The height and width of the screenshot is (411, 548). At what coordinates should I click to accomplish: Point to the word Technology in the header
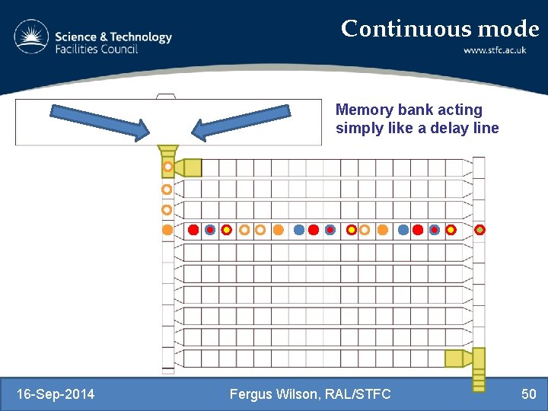click(141, 37)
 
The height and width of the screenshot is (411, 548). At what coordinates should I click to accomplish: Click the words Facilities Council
click(95, 49)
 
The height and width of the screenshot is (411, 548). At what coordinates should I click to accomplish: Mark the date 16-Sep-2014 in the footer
click(56, 393)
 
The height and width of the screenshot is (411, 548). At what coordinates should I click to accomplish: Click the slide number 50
click(528, 393)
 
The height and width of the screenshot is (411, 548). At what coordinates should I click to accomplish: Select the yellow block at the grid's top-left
click(193, 167)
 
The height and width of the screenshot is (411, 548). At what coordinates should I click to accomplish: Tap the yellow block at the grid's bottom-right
click(455, 358)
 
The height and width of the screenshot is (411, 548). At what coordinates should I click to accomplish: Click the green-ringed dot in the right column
click(479, 229)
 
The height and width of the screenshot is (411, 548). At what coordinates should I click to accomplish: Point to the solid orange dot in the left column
click(167, 229)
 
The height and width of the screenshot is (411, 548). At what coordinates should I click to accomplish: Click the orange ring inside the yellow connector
click(167, 166)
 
